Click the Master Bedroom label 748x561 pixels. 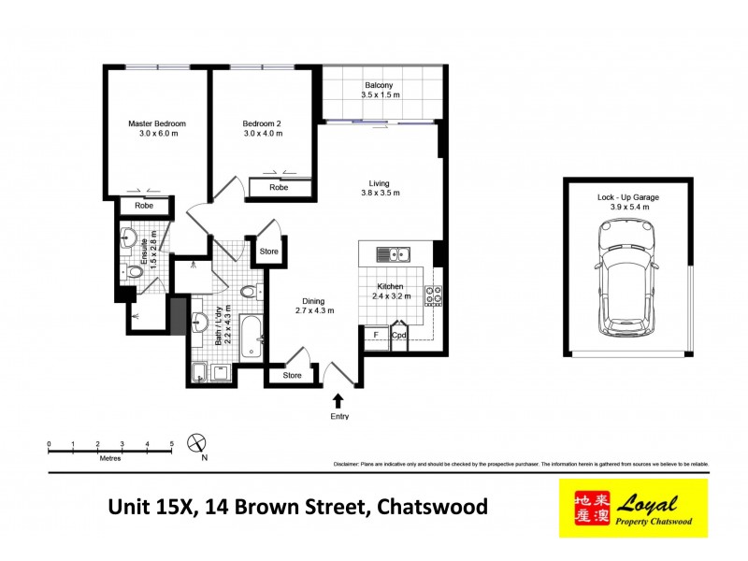coord(157,124)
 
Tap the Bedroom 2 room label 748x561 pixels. coord(263,124)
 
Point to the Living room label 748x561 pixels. coord(379,183)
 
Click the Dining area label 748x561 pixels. coord(314,299)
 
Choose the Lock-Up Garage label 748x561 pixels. coord(627,198)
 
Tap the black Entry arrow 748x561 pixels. coord(338,399)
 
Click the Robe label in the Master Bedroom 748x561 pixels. coord(144,206)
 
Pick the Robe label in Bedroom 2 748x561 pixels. coord(278,188)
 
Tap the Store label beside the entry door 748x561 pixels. coord(293,376)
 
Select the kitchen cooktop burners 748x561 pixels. coord(433,295)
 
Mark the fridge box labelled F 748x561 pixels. coord(376,335)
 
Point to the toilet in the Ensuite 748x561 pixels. coord(135,272)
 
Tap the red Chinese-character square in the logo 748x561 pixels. coord(581,509)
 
